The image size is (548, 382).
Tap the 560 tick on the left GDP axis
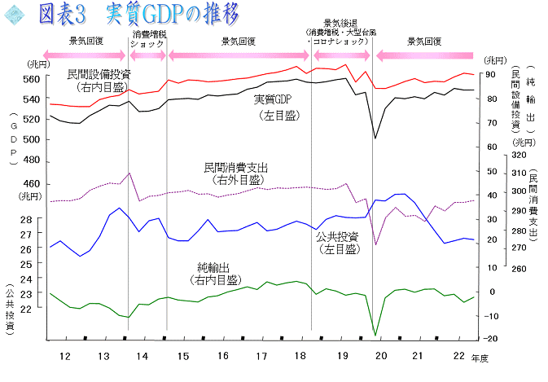31,79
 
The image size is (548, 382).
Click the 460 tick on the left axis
31,183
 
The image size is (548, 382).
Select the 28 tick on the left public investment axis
26,220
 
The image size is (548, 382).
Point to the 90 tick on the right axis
490,74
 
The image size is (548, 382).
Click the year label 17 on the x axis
261,356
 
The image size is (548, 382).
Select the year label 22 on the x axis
459,356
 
